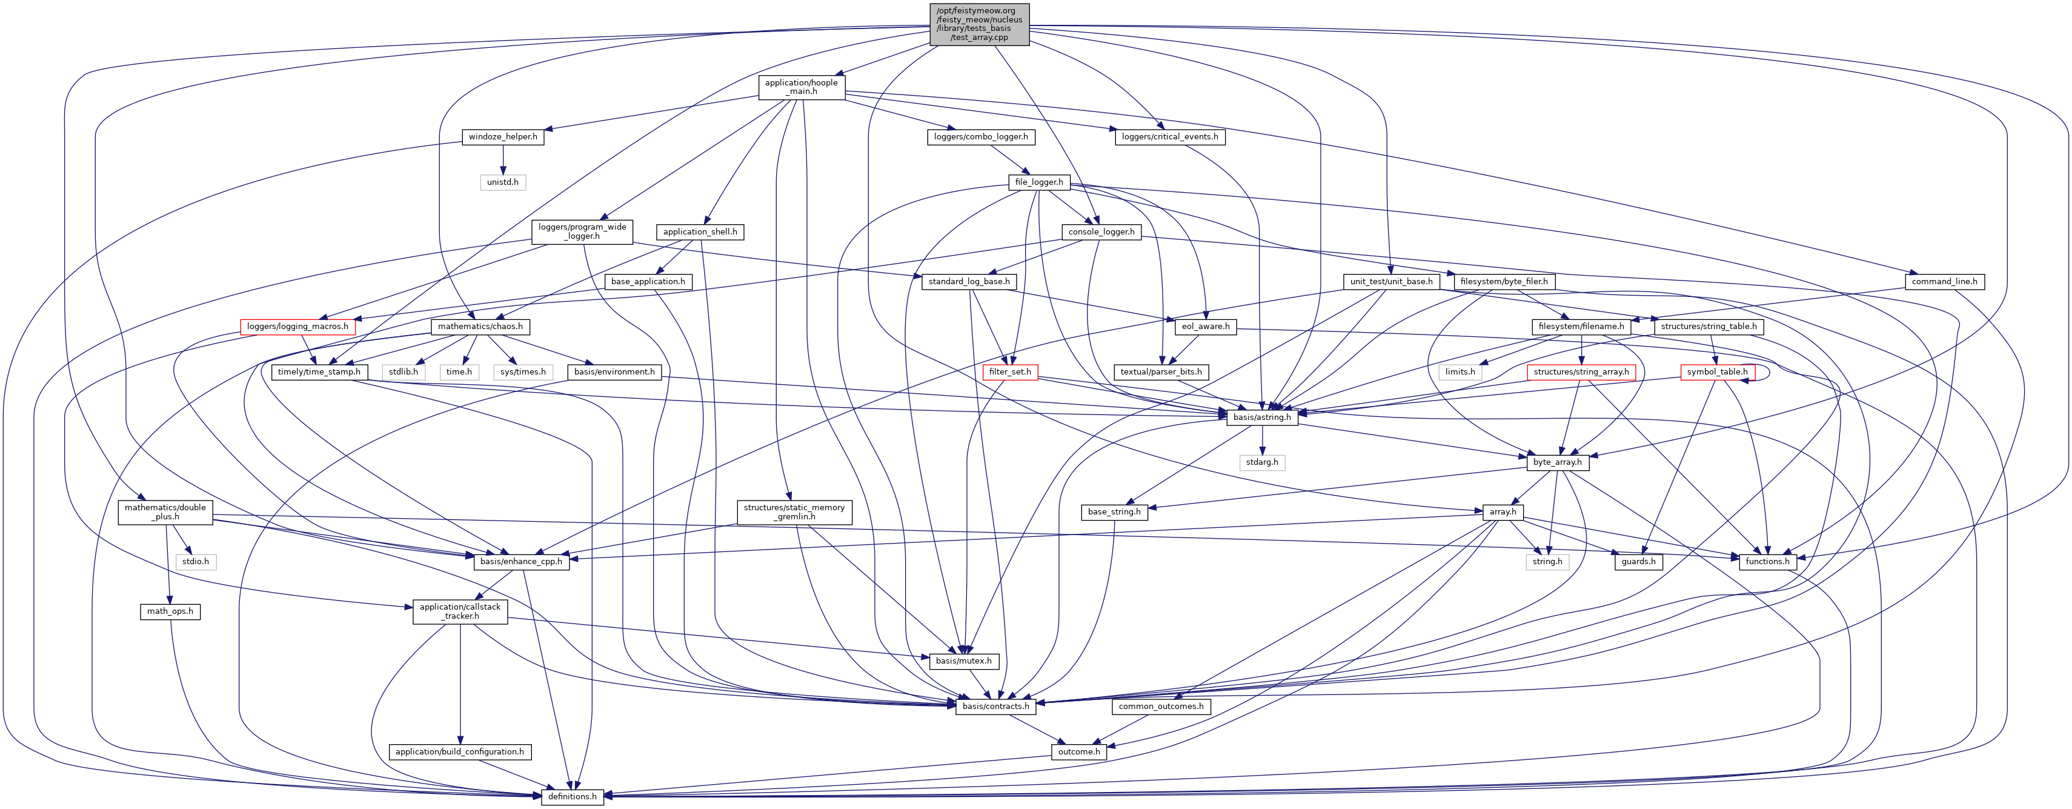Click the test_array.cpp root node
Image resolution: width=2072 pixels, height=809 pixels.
(979, 24)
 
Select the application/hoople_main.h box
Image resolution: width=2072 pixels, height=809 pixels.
(801, 87)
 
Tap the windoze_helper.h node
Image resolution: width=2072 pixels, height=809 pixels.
(503, 137)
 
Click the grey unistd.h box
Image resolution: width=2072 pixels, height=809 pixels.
(503, 182)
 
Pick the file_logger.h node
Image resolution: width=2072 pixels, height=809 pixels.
(1038, 182)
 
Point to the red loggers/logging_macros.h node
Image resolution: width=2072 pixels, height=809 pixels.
(297, 327)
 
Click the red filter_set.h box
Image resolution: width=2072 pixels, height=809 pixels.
(1009, 372)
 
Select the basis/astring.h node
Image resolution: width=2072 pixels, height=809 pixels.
(1262, 418)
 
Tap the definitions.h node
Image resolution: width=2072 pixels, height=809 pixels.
(572, 797)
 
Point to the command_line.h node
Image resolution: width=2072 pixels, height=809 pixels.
(1944, 281)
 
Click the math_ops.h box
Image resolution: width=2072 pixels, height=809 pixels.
(170, 611)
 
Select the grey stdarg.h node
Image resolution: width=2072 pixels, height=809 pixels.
(1262, 462)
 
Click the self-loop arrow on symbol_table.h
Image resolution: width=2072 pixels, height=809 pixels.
(1768, 371)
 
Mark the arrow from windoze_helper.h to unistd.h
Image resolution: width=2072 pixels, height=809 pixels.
(503, 159)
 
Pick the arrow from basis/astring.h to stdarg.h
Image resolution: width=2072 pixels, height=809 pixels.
(1262, 440)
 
